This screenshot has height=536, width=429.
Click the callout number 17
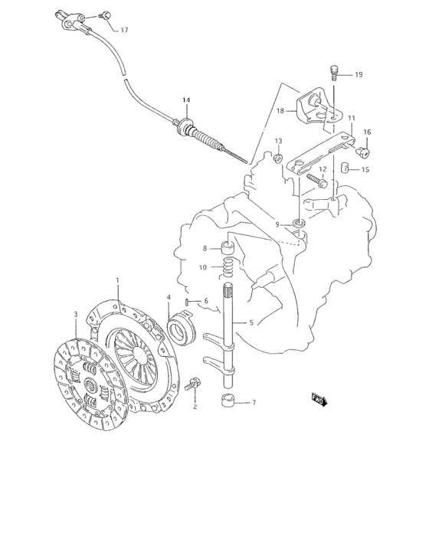coord(124,30)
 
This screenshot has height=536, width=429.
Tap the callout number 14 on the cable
coord(185,100)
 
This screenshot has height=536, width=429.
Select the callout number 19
coord(358,75)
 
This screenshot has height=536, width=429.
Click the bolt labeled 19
coord(334,73)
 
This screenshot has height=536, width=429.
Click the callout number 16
coord(367,132)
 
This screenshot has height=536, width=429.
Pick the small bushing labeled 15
coord(345,168)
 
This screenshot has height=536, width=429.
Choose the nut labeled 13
coord(277,160)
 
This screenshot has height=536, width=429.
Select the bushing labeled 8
coord(227,247)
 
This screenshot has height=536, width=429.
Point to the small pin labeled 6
coord(188,301)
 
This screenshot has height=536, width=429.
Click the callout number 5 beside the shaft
coord(251,324)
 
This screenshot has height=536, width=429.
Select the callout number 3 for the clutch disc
coord(75,314)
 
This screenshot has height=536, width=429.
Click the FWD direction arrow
coord(318,397)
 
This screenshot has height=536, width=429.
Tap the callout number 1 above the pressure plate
coord(118,280)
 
